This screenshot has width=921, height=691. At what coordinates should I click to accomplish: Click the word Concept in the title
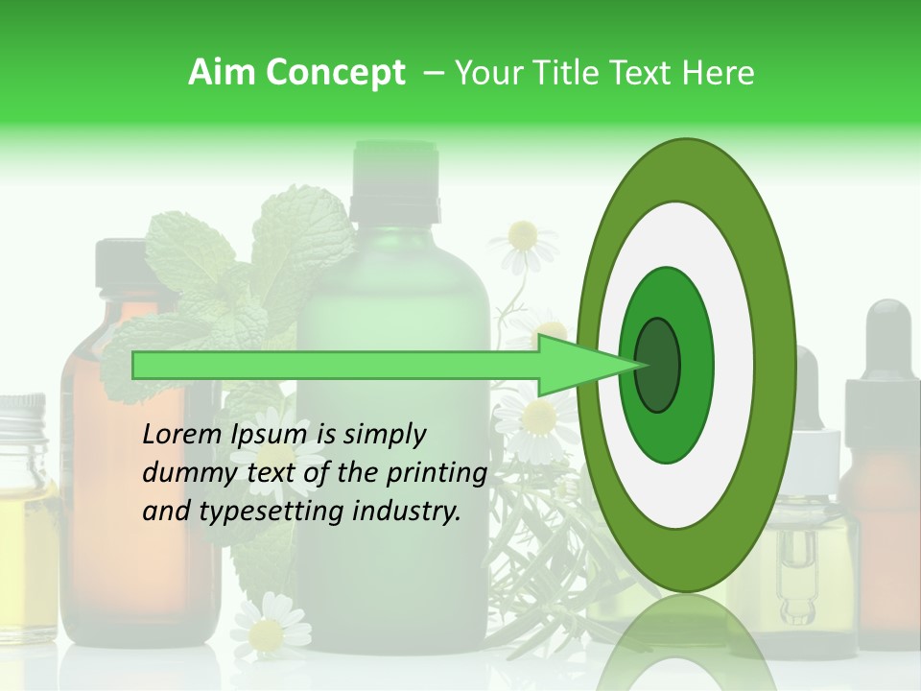coord(336,73)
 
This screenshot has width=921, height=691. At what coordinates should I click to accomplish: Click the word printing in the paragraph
coord(440,473)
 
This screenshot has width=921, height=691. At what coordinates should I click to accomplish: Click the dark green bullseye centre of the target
coord(657,366)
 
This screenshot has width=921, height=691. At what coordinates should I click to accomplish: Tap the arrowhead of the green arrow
coord(576,366)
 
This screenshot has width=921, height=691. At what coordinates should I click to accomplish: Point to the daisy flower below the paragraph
coord(268,630)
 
